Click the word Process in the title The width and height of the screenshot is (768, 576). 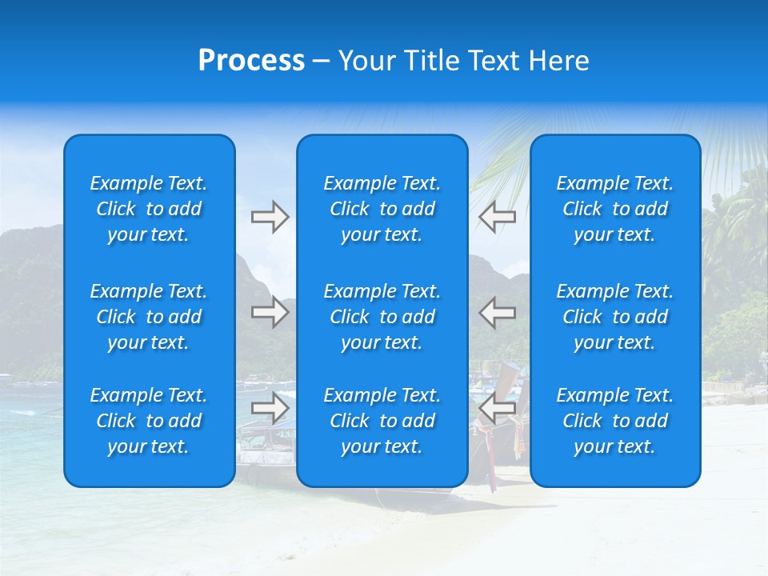tap(251, 61)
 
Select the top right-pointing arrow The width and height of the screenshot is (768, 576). tap(270, 217)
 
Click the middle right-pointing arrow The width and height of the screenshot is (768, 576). tap(270, 312)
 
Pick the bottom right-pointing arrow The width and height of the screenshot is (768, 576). tap(270, 409)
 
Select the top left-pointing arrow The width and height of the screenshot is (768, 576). tap(497, 217)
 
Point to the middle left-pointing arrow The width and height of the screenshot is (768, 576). tap(497, 312)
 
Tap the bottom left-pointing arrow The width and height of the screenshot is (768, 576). tap(497, 409)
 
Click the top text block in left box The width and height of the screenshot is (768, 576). tap(149, 209)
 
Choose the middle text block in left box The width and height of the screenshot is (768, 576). tap(149, 317)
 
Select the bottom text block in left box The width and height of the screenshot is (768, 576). tap(149, 421)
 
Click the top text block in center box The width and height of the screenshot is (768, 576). tap(382, 209)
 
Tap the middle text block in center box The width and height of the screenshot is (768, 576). tap(382, 317)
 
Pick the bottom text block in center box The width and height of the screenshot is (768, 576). tap(382, 421)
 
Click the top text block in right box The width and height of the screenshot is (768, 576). tap(614, 209)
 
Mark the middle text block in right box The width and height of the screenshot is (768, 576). tap(614, 317)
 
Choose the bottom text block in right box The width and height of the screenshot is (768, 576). tap(614, 421)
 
